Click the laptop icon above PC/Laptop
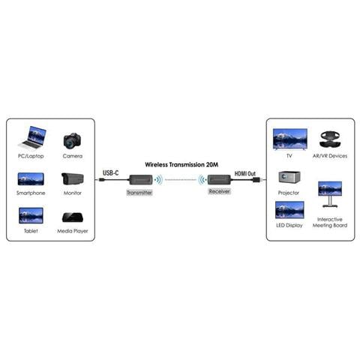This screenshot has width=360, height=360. (32, 138)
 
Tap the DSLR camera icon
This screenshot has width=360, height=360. (73, 140)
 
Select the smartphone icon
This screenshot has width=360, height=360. (31, 179)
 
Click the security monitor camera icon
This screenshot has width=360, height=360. (73, 179)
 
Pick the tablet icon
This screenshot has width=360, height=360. (31, 215)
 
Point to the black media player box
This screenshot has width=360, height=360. (73, 217)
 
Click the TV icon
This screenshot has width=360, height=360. (290, 139)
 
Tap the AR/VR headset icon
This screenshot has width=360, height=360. (330, 139)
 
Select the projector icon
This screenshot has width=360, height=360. (289, 177)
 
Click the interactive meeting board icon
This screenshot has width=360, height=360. (330, 194)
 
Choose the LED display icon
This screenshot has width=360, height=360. (289, 210)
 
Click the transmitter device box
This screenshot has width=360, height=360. (141, 180)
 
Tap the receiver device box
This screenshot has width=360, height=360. (219, 180)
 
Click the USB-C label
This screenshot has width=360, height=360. (111, 172)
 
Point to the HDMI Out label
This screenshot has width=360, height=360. (245, 173)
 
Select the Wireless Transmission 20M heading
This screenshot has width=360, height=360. (181, 164)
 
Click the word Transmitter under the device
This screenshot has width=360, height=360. (139, 193)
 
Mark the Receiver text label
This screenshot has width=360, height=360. (219, 191)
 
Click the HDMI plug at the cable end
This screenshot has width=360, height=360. (256, 180)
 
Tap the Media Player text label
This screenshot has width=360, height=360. (73, 231)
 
